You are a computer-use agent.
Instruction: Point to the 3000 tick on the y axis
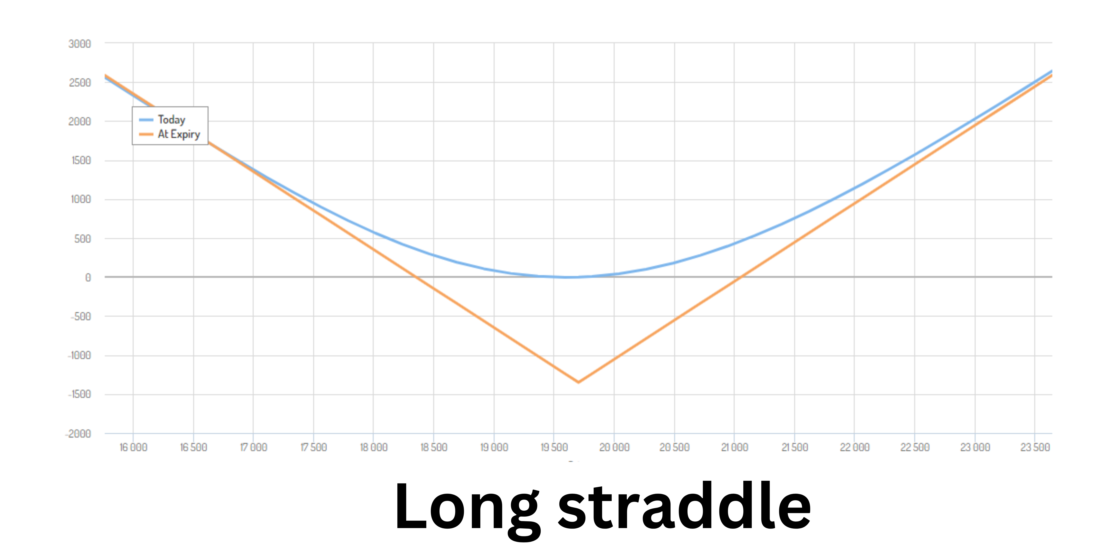[x=80, y=44]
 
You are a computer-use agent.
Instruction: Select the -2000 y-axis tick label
[x=78, y=434]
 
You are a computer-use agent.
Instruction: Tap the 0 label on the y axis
[x=88, y=277]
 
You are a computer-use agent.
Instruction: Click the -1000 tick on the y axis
[x=80, y=356]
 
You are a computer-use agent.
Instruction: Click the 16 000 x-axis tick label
[x=134, y=447]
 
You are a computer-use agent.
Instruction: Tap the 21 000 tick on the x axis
[x=735, y=447]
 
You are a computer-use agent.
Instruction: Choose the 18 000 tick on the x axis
[x=373, y=447]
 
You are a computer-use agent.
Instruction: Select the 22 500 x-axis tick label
[x=915, y=447]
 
